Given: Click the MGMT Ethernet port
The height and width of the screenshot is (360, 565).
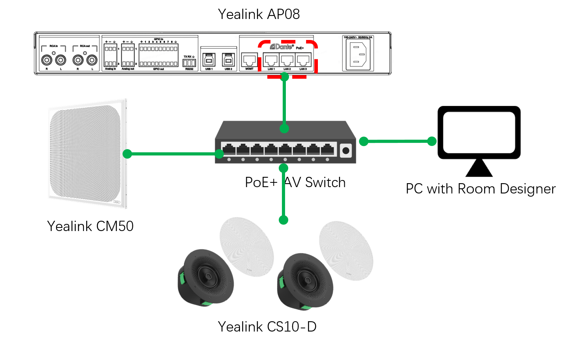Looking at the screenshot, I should tap(249, 60).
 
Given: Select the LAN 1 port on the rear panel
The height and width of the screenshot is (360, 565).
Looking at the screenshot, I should tap(271, 60).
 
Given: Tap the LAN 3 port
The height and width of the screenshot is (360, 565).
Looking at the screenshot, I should tap(303, 60).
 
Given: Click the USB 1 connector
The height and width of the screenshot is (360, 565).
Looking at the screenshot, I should tap(208, 60).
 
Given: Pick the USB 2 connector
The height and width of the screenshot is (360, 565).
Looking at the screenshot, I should tap(228, 60).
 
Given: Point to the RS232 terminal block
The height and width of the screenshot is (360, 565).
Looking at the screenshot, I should tap(189, 63).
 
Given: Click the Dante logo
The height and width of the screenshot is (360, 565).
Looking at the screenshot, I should tap(282, 47).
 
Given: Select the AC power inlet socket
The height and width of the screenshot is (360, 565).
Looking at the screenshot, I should tap(359, 55).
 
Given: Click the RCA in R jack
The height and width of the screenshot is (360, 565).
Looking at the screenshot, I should tap(47, 60).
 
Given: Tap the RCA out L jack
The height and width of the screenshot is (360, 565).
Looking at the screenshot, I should tap(92, 60).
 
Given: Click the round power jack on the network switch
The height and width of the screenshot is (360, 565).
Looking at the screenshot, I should tap(346, 150).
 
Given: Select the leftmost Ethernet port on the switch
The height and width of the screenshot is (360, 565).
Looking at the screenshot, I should tap(229, 150).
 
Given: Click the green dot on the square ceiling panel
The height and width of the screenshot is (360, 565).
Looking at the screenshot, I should tap(127, 153).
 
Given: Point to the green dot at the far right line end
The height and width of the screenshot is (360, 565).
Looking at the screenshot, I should tap(432, 141).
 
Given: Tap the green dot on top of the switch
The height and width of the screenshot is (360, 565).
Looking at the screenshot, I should tap(284, 129).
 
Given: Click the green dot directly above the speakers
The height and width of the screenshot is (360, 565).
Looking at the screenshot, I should tap(283, 220).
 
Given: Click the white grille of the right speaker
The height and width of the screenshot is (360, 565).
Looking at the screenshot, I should tap(346, 250).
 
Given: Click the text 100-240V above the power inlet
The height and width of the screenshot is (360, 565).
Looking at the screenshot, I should tap(350, 38).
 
